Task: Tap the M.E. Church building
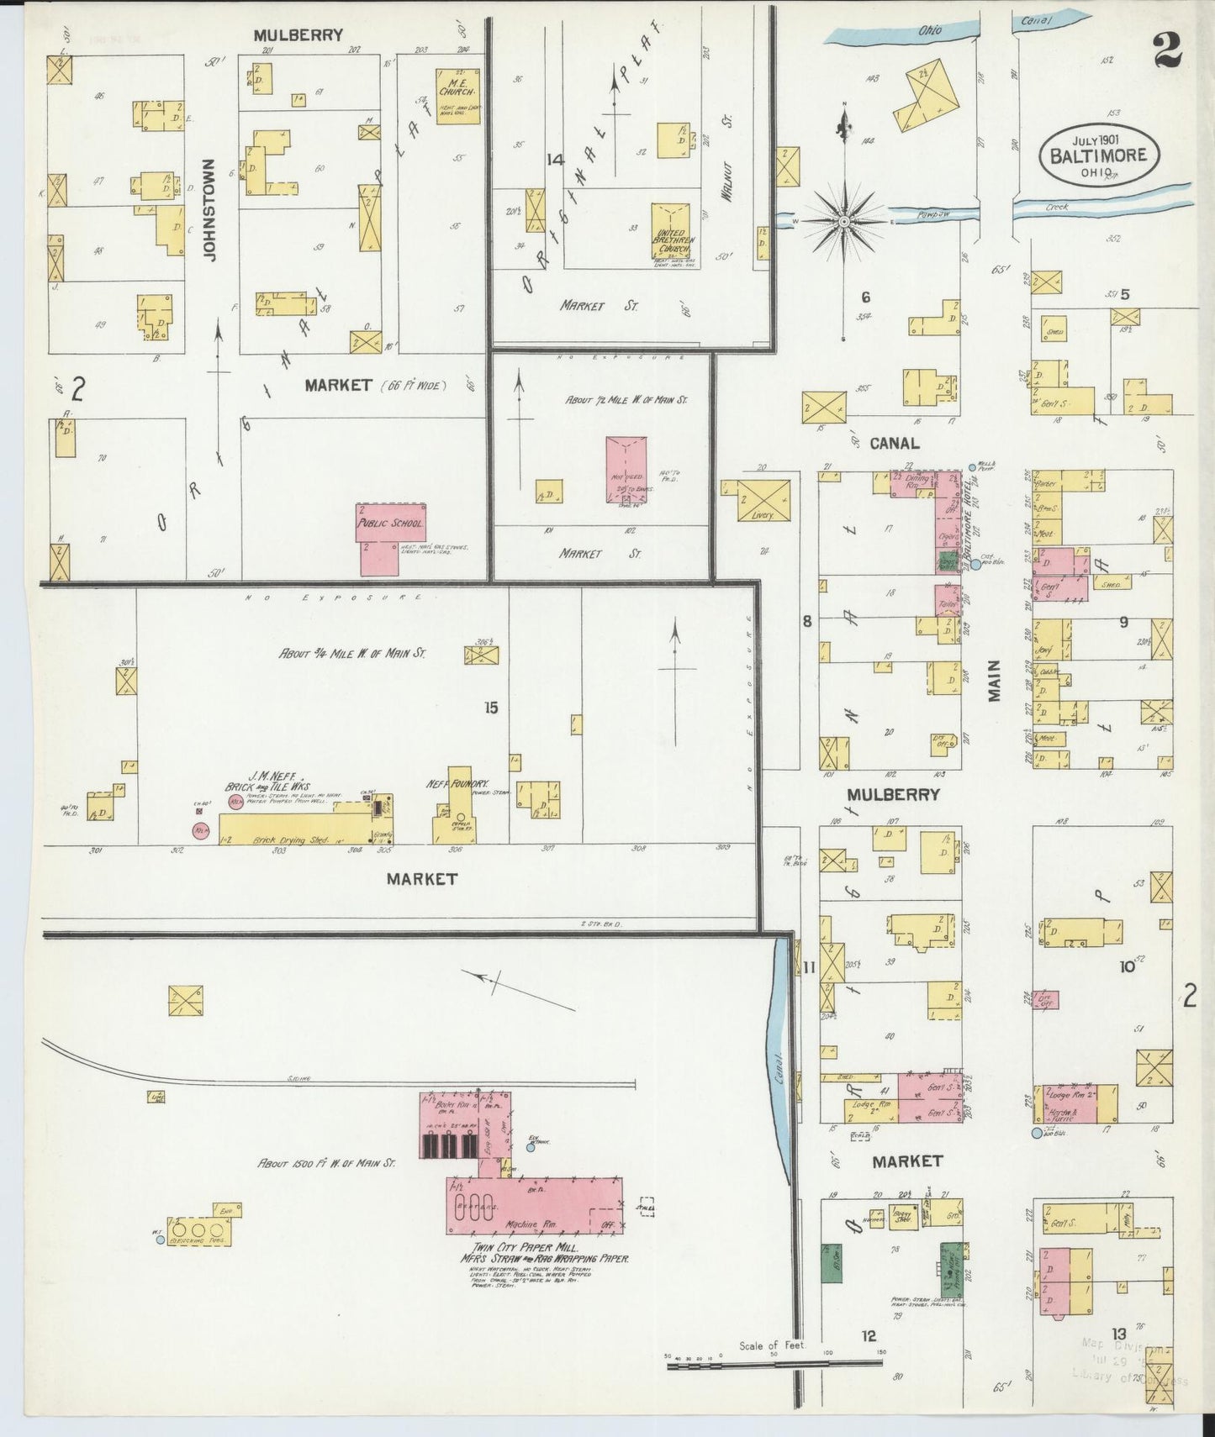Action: pos(457,96)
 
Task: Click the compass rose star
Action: pos(843,221)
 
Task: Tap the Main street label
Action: pos(995,681)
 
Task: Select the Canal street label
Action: pos(894,443)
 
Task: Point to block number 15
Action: pos(491,708)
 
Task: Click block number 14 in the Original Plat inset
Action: pos(554,160)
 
